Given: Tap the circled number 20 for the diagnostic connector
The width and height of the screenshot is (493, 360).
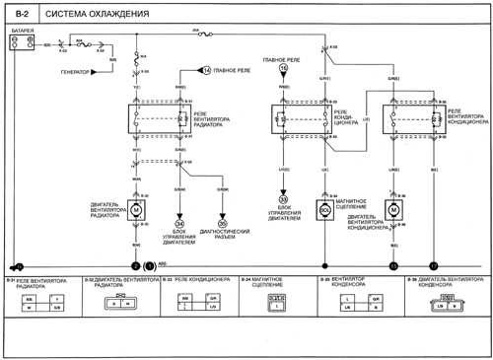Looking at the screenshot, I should [x=222, y=224].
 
